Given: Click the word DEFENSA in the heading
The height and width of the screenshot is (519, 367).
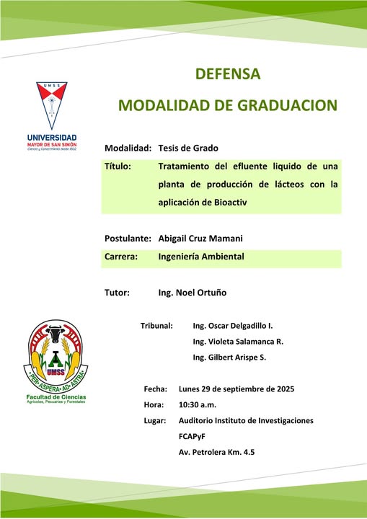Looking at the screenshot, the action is pos(228,74).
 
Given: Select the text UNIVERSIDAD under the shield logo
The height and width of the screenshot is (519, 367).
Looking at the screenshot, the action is pos(52,138).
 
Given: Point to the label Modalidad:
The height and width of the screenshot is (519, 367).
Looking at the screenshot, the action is pos(128,148).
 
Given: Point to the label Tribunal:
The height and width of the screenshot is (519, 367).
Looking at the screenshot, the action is pos(156,326).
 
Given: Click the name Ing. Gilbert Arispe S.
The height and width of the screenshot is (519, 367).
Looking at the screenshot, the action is pos(229,358).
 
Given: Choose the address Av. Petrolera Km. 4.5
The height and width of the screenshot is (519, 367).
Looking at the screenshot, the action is pos(216,452).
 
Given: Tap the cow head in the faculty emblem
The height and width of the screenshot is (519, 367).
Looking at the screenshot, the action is pos(56,336).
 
